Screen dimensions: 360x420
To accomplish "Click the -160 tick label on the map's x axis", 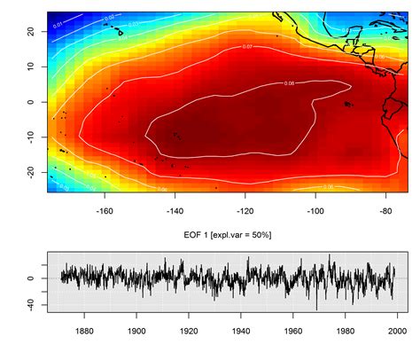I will tap(105, 211).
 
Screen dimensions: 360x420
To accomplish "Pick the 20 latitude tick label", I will tap(29, 32).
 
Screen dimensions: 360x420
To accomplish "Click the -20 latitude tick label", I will tap(29, 170).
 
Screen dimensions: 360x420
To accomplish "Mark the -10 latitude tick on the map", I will tap(29, 136).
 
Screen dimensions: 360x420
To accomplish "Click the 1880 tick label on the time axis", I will tap(84, 332).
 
